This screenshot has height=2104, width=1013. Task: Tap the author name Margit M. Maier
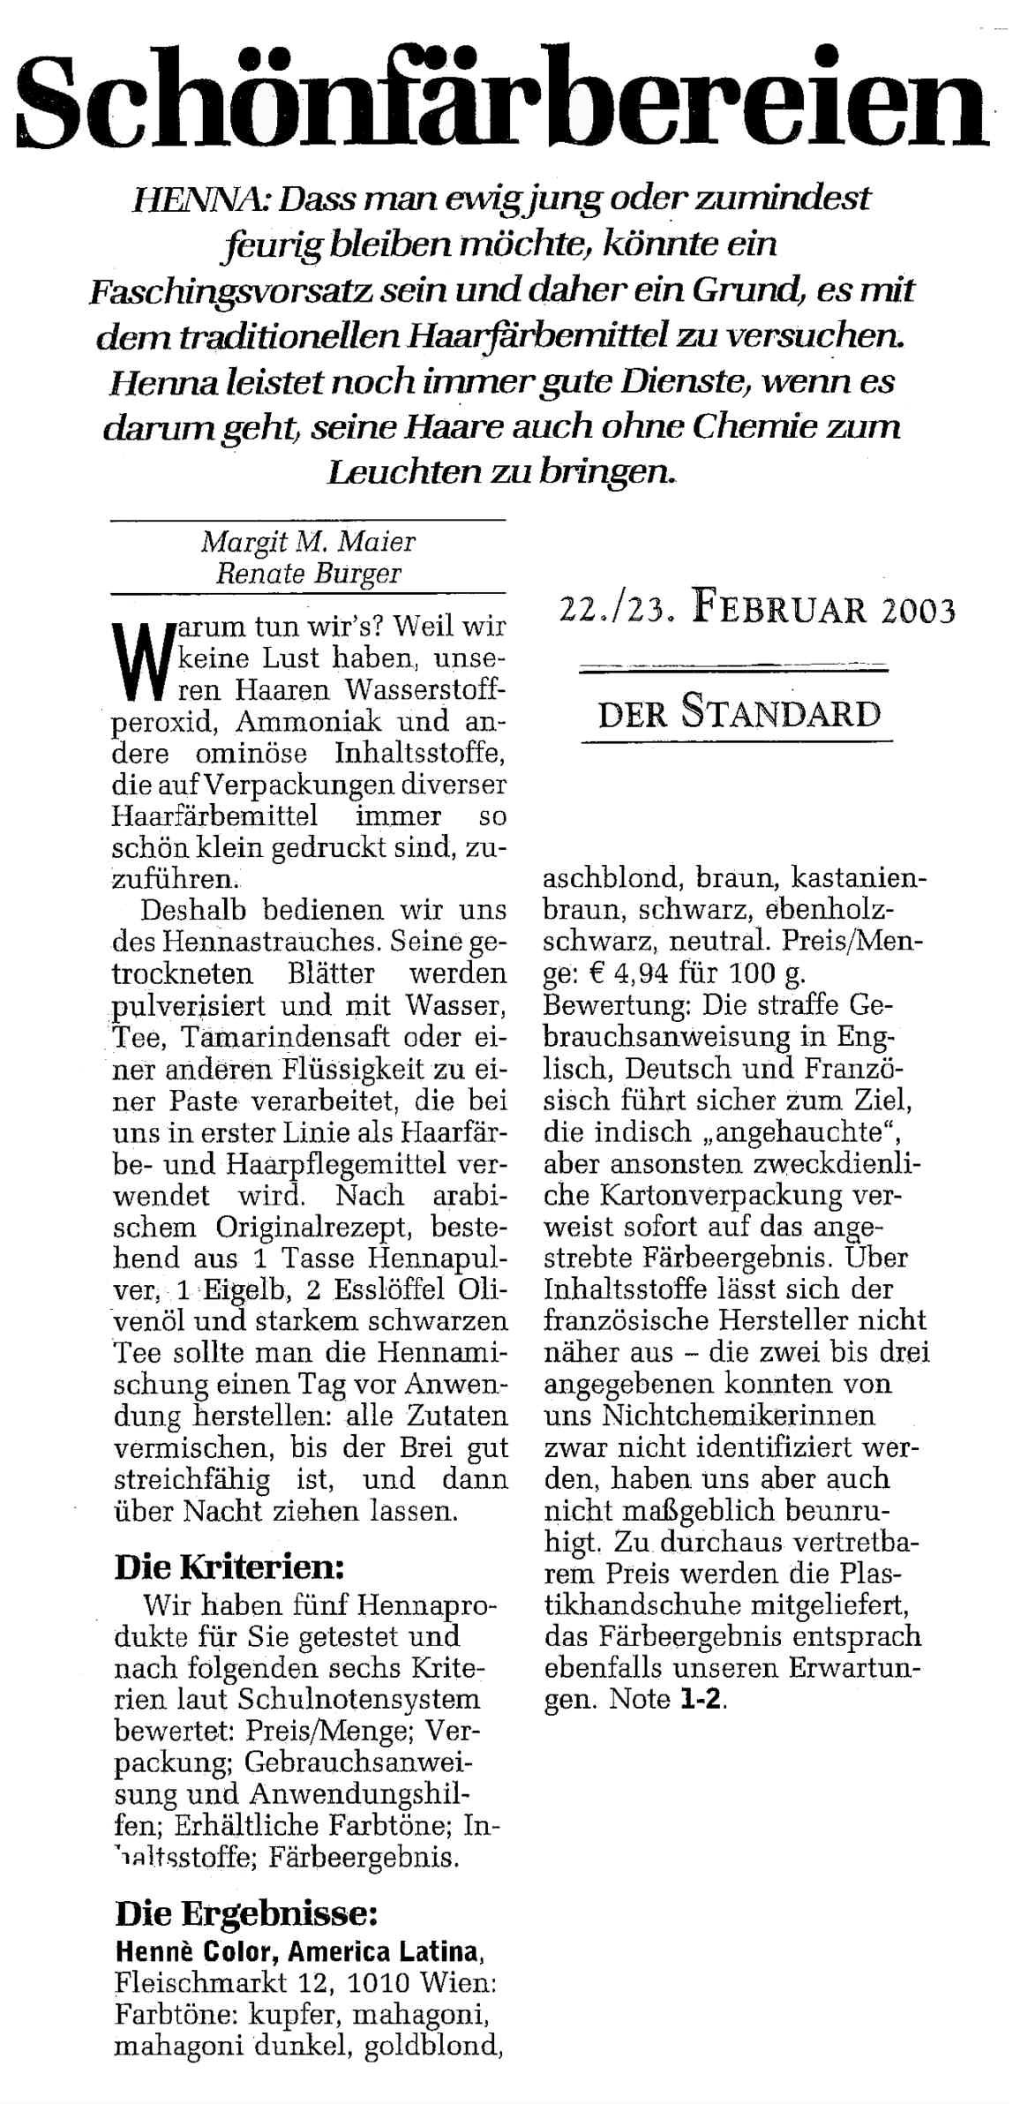[x=308, y=541]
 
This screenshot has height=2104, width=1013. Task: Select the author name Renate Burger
[x=308, y=575]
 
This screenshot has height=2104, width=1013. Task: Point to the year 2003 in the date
[x=917, y=610]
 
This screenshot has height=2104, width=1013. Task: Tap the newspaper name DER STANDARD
[x=739, y=713]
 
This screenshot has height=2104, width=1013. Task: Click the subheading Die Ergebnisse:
[x=246, y=1914]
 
